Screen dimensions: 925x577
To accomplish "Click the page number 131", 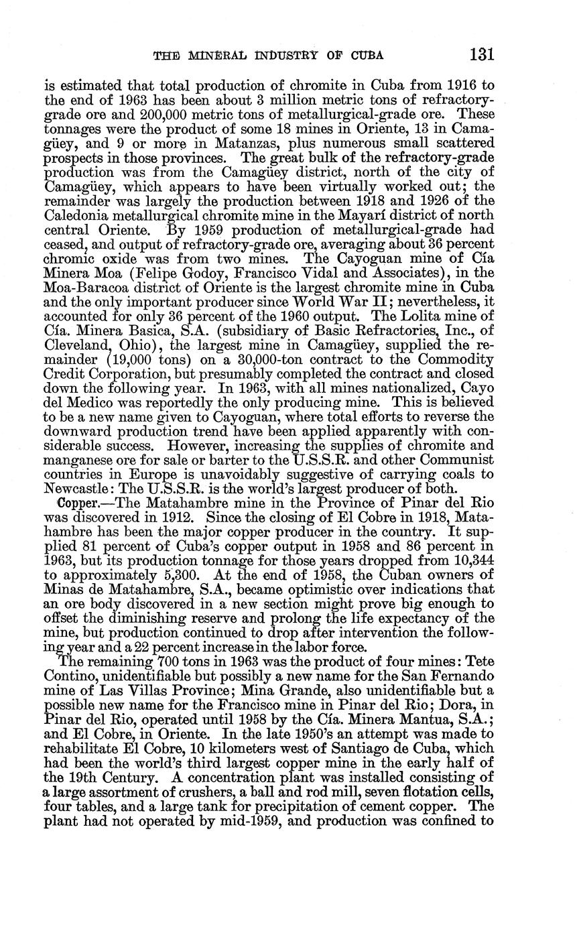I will (482, 54).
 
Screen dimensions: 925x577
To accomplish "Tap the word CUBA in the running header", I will (365, 56).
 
